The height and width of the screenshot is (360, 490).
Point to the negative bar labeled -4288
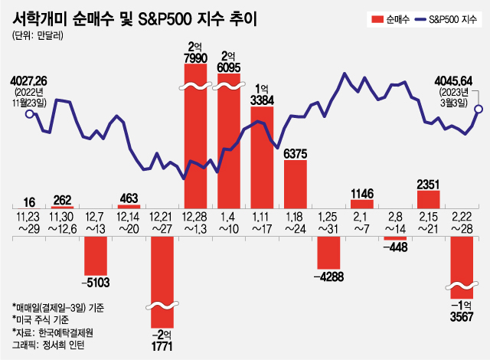(x=328, y=250)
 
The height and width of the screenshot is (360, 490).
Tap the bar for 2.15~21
(x=429, y=198)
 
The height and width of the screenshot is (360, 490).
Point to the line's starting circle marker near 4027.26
(x=29, y=114)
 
